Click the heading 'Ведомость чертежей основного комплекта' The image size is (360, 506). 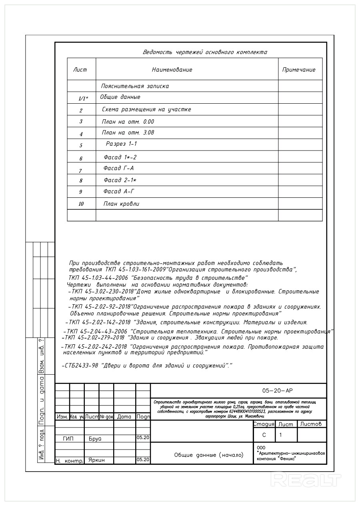coord(205,52)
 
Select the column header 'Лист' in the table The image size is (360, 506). coord(80,70)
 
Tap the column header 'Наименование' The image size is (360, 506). coord(172,70)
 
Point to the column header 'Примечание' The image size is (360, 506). coord(299,70)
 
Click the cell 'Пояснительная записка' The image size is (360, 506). coord(135,86)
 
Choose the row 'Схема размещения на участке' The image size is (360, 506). coord(146,109)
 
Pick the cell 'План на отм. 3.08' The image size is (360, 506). coord(128,133)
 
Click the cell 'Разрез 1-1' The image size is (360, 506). coord(122,143)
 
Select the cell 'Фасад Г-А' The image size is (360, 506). coord(118,168)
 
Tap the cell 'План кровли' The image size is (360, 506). coord(121,204)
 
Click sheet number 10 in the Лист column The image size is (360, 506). coord(81,204)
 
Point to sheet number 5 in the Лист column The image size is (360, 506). coord(81,145)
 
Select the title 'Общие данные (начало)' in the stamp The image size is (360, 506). coord(208,455)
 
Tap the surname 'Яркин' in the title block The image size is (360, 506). coord(96,460)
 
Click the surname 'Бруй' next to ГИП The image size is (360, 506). coord(95,438)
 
